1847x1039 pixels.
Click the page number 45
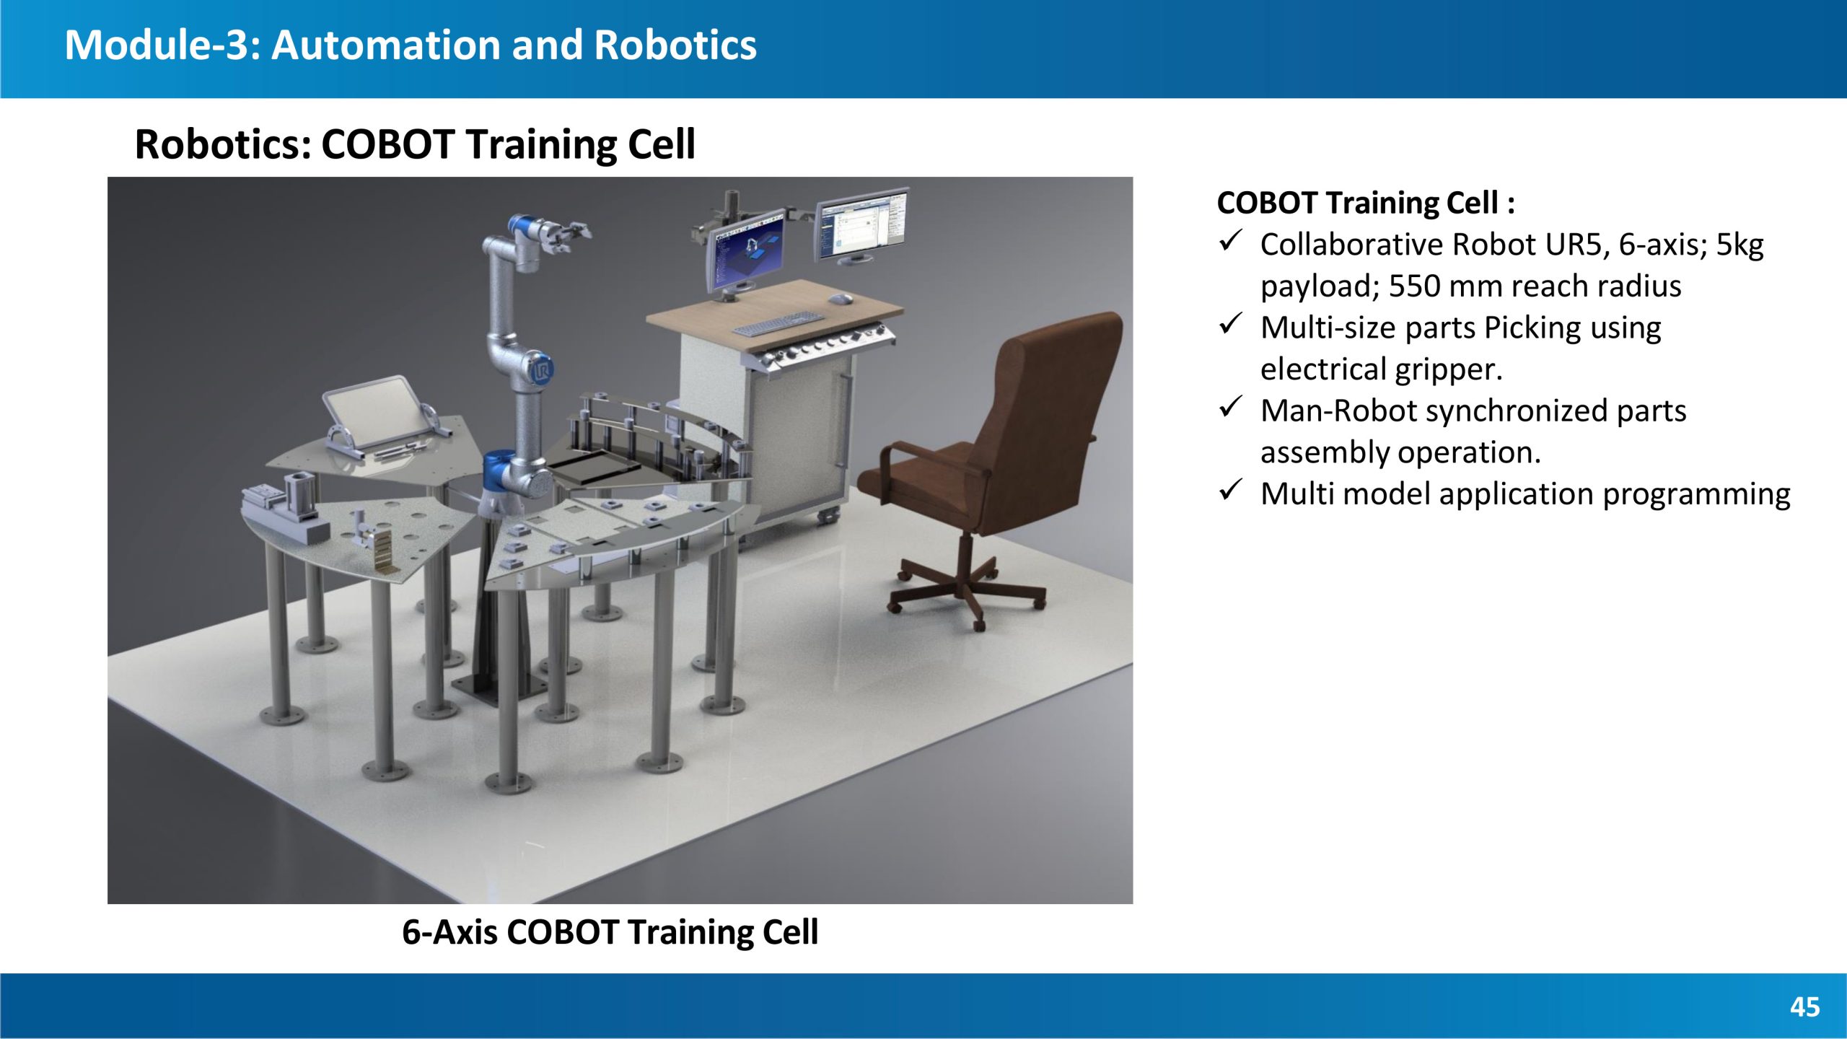coord(1804,1007)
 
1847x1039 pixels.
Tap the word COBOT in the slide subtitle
coord(387,144)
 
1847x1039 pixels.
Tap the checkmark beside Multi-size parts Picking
coord(1230,325)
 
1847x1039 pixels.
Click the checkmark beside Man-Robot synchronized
coord(1230,408)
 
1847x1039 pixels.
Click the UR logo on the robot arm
coord(541,371)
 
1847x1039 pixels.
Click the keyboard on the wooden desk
coord(778,324)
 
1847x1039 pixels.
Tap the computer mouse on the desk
coord(840,298)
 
